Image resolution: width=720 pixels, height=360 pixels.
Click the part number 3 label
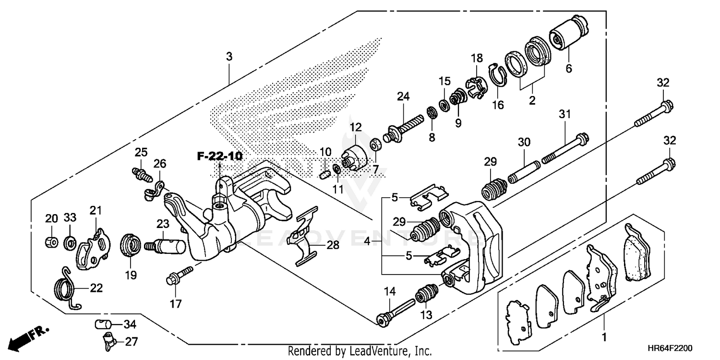pyautogui.click(x=229, y=57)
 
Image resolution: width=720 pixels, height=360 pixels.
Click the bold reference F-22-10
pyautogui.click(x=219, y=156)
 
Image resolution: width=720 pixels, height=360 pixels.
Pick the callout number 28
pyautogui.click(x=333, y=245)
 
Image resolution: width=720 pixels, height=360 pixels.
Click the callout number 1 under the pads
pyautogui.click(x=604, y=337)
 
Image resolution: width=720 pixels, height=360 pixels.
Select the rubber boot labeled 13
pyautogui.click(x=427, y=295)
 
